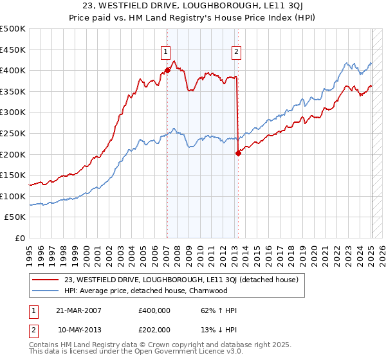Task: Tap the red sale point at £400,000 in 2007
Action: click(167, 70)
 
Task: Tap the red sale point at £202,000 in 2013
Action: click(238, 153)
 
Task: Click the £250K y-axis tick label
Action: click(13, 133)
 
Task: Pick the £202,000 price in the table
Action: click(154, 329)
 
